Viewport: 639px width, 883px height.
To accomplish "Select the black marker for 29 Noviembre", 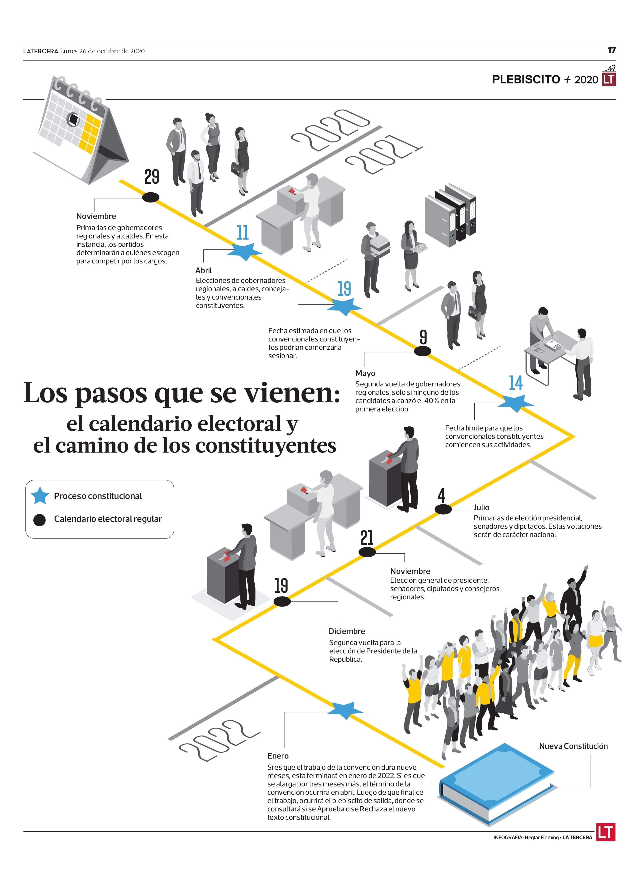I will tap(150, 197).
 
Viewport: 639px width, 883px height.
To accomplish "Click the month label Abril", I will tap(203, 270).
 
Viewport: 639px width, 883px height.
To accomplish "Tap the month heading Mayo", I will tap(365, 373).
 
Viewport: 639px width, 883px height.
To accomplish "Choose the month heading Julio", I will tap(481, 507).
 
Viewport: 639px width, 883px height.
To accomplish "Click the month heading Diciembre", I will tap(346, 631).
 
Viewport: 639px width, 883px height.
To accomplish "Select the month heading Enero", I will tap(278, 756).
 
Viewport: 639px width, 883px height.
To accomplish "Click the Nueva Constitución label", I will tap(573, 746).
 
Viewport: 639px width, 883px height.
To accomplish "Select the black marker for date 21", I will tap(367, 552).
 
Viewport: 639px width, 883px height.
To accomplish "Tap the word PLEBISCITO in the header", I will tap(526, 79).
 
